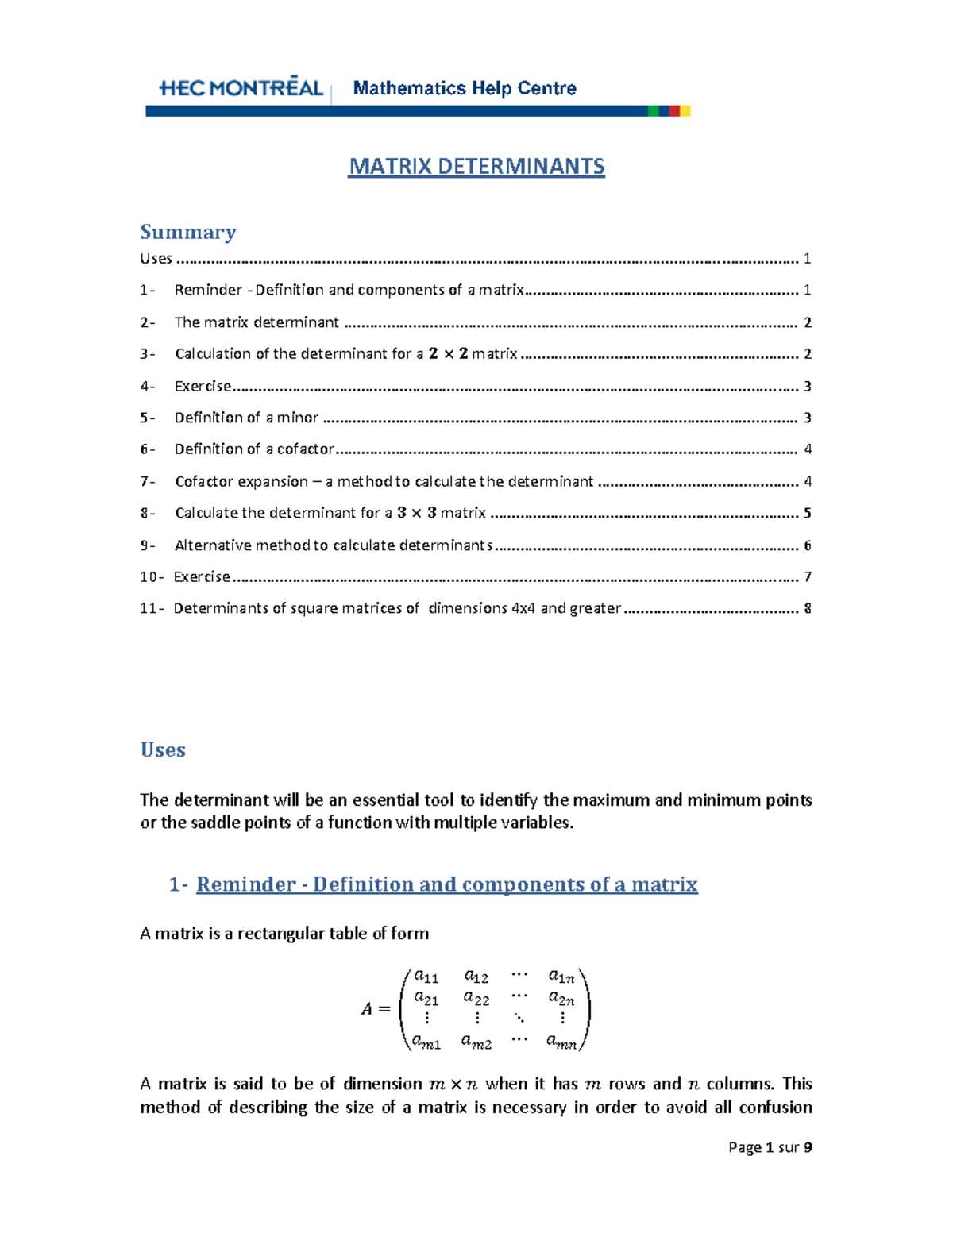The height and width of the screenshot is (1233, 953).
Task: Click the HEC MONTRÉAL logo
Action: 241,87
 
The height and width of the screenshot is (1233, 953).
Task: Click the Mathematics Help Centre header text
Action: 465,88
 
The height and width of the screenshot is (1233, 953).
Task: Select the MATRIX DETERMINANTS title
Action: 476,167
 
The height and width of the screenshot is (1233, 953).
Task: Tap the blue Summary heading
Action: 188,232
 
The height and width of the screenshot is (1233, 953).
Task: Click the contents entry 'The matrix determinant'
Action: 257,322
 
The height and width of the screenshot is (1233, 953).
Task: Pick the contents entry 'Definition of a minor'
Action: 246,418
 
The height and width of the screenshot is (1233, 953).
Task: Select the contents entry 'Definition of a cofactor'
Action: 254,449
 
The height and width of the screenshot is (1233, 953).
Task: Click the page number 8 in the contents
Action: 808,608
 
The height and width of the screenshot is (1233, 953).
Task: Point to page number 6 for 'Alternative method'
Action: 808,545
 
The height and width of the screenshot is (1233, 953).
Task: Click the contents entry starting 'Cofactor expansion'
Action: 384,481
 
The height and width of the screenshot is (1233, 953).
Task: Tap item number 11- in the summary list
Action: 152,608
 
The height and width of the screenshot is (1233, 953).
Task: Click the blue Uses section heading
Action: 163,749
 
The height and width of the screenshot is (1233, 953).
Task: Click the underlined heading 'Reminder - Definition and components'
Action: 446,884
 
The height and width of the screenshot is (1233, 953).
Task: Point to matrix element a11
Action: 426,977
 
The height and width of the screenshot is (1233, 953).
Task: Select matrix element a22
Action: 476,998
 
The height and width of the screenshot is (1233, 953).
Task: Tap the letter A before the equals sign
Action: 367,1009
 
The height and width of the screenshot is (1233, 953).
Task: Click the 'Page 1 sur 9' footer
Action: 770,1147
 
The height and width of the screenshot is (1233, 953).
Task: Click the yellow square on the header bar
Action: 685,111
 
